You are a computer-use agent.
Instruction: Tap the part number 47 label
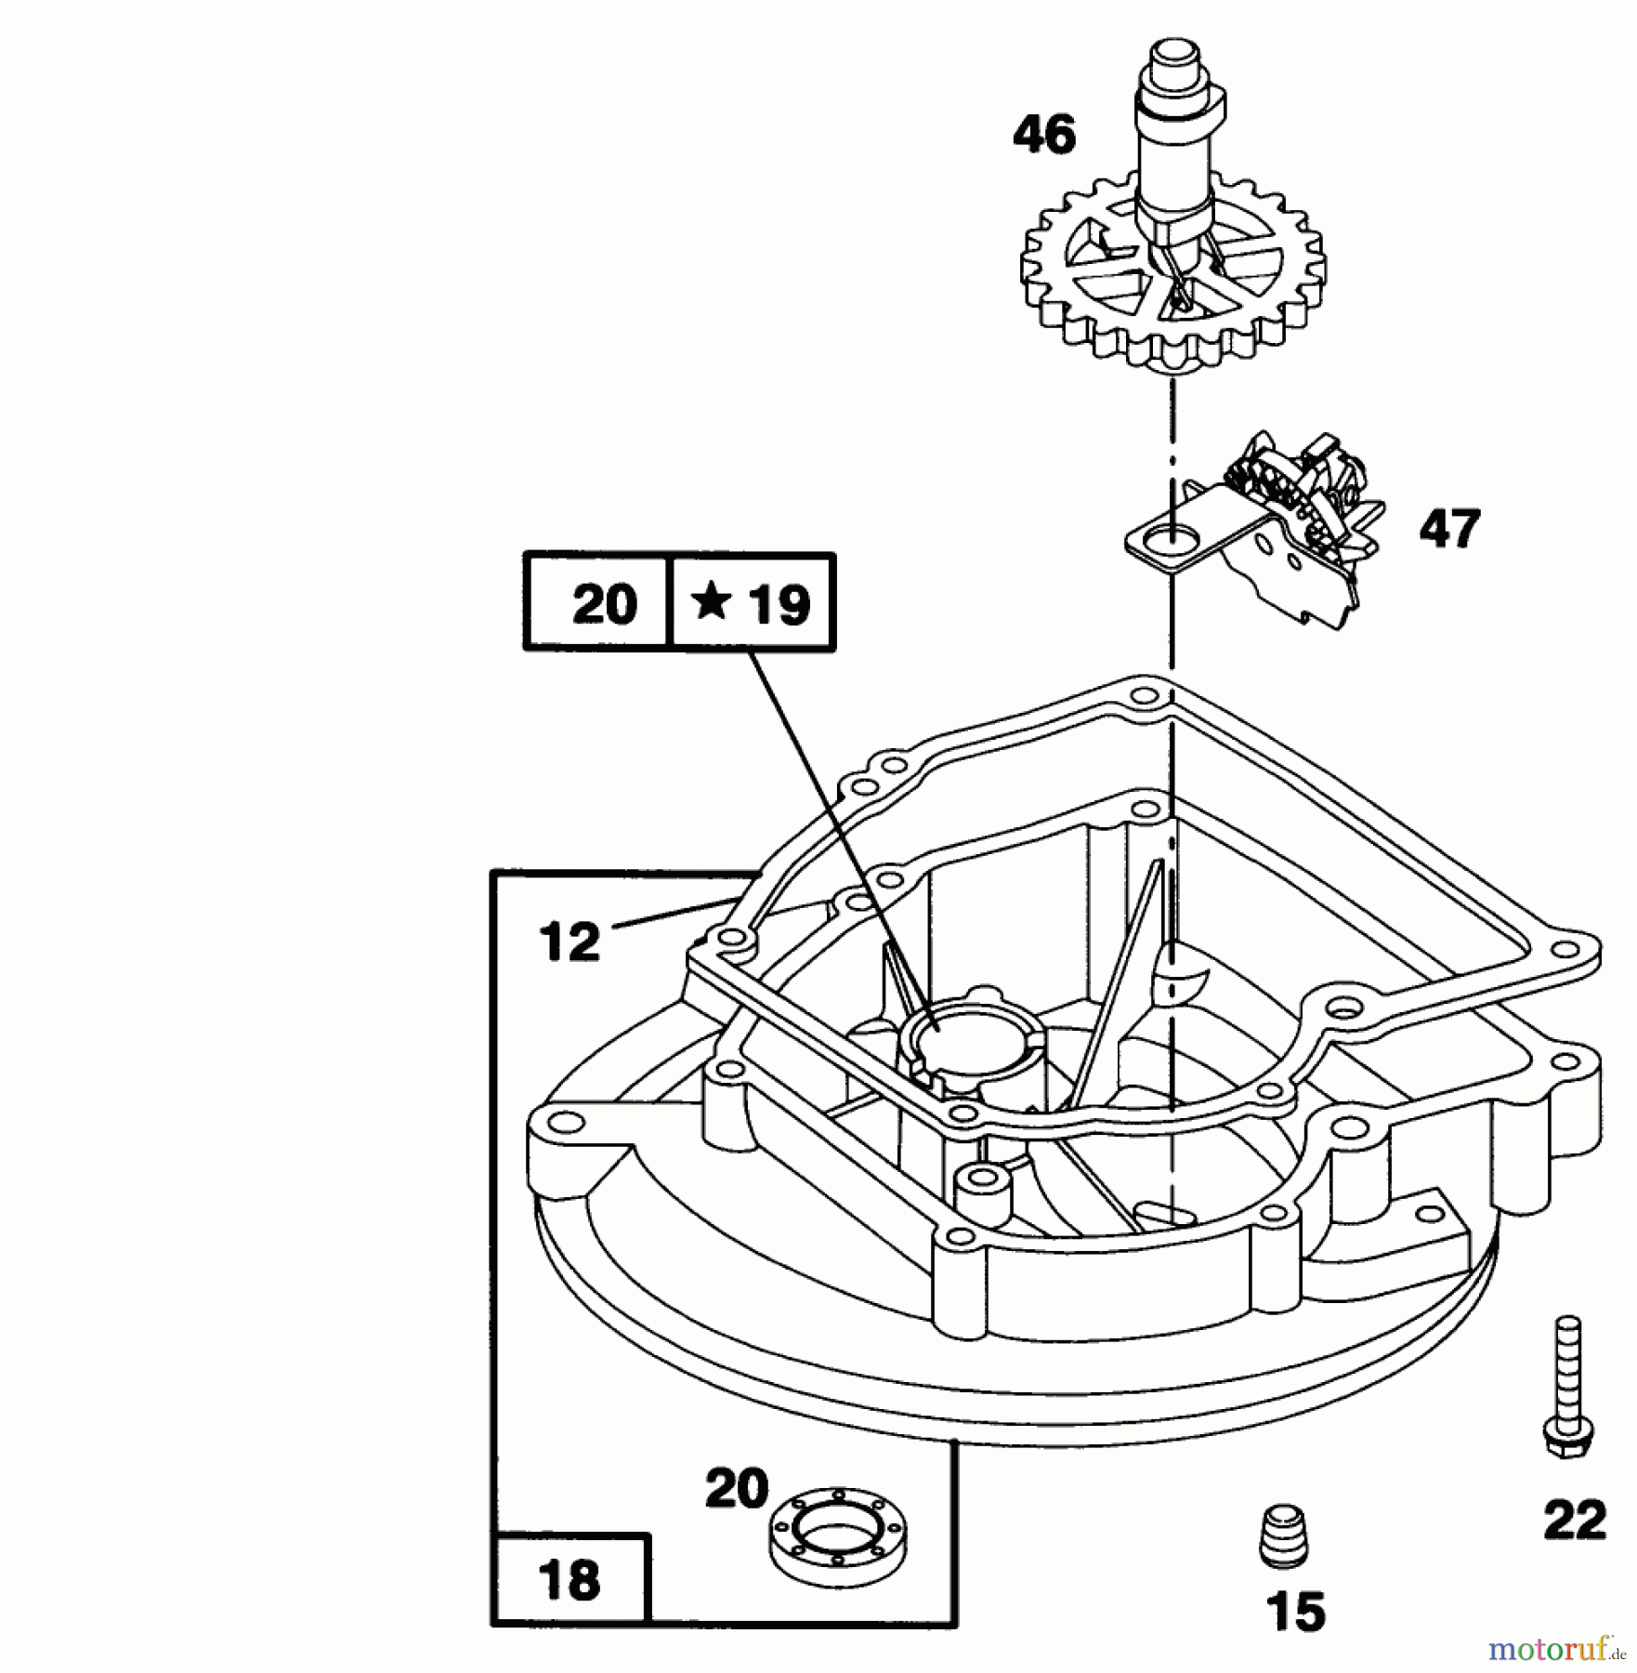tap(1449, 529)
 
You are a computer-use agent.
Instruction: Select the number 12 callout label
tap(570, 942)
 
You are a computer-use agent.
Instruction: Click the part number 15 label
tap(1296, 1612)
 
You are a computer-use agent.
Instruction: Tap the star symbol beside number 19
tap(712, 602)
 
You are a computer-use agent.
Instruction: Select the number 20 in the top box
tap(605, 604)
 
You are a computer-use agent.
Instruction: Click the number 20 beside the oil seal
tap(737, 1489)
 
